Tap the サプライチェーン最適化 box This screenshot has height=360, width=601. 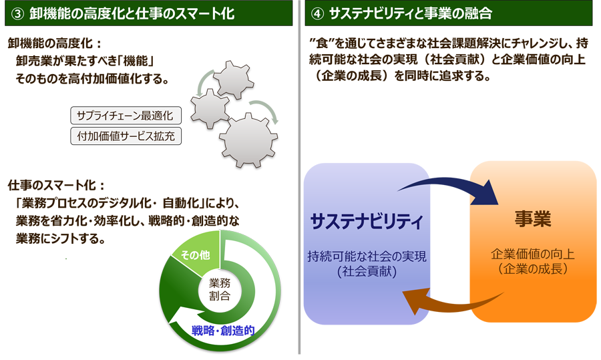tap(125, 116)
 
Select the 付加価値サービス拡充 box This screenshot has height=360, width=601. tap(125, 136)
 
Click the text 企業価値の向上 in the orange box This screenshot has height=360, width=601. tap(532, 254)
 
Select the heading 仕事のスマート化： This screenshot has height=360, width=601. tap(56, 184)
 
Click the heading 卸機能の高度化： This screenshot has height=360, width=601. tap(53, 44)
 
